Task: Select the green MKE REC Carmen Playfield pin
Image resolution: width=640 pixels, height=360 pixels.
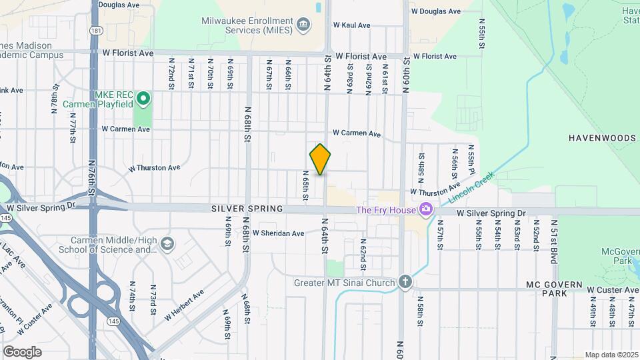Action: tap(143, 100)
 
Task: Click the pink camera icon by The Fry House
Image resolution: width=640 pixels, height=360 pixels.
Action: tap(426, 211)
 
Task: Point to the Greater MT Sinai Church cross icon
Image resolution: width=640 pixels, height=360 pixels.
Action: tap(405, 282)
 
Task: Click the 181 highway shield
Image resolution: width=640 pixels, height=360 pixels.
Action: tap(98, 31)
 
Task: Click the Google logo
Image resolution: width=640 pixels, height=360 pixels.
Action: tap(22, 351)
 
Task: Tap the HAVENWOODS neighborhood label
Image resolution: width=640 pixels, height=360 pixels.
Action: tap(602, 138)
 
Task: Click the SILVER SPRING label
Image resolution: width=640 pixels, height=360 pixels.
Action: tap(247, 209)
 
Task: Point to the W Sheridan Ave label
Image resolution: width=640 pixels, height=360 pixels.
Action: tap(278, 233)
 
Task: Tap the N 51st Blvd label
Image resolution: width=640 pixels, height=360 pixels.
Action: tap(554, 239)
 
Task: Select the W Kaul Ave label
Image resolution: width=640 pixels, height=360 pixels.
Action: tap(351, 25)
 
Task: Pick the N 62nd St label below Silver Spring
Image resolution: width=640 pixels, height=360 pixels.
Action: tap(363, 255)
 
